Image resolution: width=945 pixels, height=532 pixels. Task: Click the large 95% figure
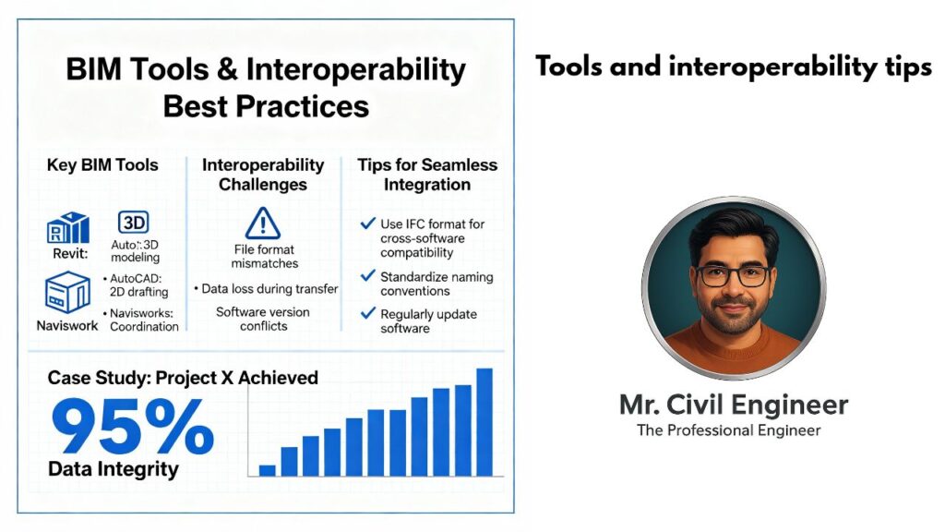133,427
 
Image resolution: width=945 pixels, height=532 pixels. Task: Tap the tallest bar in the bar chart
484,422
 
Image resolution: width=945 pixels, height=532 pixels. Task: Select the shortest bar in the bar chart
267,470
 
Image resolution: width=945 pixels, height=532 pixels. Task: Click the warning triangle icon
263,224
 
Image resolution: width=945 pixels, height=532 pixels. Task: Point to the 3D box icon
133,223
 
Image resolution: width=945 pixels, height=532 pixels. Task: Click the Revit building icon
68,228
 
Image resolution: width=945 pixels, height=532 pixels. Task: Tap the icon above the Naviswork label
67,292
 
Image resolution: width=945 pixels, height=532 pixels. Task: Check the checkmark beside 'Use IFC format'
367,224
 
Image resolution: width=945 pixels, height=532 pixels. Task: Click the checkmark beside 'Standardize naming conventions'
367,276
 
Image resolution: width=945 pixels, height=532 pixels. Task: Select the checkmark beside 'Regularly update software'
367,313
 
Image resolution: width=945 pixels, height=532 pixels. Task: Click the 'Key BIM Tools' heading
102,165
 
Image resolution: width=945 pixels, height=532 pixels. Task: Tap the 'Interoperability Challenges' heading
263,175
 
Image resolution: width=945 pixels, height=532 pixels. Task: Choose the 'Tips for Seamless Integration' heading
427,175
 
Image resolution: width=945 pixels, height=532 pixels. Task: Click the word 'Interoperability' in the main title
355,70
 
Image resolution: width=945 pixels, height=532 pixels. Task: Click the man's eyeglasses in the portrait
733,275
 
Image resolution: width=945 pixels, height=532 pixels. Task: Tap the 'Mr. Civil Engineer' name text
734,405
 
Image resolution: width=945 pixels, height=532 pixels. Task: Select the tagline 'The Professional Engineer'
729,430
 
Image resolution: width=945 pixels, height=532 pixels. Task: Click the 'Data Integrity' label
114,469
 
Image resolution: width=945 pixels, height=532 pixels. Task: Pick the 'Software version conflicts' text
263,319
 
